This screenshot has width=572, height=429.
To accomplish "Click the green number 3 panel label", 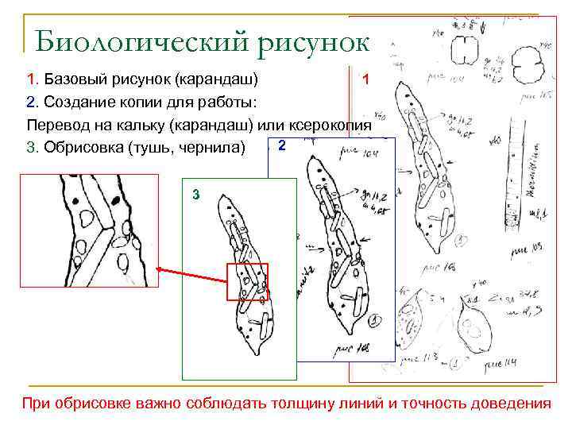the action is coord(195,195).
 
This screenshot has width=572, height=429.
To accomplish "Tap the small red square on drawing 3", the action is coord(248,282).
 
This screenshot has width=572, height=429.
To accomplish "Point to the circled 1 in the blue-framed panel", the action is coord(373,320).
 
